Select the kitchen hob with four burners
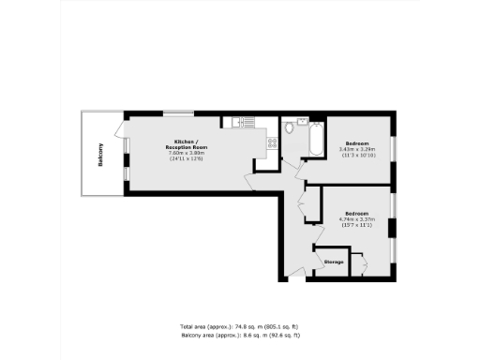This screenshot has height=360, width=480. tap(272, 142)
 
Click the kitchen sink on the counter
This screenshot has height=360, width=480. tap(237, 121)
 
